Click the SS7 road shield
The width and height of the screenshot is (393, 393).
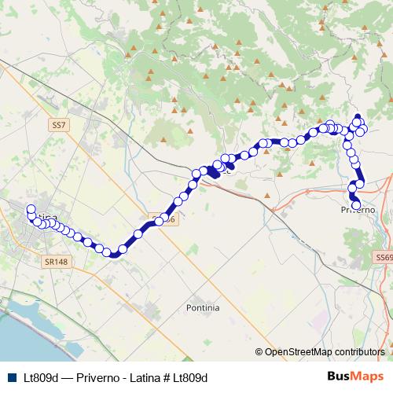pos(57,124)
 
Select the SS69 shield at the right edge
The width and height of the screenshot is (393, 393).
pos(384,257)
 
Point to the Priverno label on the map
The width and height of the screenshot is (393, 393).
pos(358,211)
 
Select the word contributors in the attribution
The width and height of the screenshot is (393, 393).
pos(362,352)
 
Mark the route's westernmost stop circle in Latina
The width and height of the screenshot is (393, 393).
pos(31,210)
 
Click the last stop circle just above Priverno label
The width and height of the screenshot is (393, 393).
pos(356,205)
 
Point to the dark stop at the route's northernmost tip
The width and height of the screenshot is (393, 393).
pos(358,117)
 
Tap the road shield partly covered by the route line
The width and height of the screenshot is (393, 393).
pos(160,221)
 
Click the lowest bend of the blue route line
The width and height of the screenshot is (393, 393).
pos(115,253)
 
